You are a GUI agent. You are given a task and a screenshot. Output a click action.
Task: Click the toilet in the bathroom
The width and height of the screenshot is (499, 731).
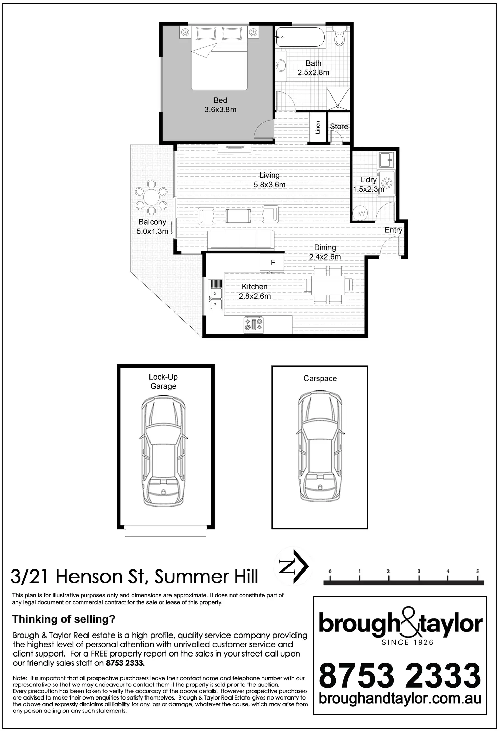tap(339, 36)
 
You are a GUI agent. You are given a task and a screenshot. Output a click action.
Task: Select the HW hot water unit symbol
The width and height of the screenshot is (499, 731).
tap(359, 213)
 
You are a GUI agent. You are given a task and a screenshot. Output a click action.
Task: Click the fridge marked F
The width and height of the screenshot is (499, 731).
tap(272, 262)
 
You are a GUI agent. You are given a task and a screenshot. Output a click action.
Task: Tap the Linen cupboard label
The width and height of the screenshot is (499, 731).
tap(318, 127)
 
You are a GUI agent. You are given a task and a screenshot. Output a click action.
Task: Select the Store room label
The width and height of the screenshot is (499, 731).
tap(339, 126)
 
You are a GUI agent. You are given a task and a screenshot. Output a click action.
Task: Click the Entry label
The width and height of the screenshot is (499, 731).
tap(393, 230)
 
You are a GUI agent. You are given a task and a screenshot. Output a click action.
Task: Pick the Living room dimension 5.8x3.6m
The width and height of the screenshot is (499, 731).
tap(270, 185)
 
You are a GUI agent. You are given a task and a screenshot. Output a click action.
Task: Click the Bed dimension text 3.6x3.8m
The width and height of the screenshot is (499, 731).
tap(220, 110)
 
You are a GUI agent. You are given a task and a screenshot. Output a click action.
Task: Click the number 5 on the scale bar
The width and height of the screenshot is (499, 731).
tap(477, 571)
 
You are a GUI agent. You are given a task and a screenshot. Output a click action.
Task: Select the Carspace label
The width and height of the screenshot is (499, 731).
tap(320, 378)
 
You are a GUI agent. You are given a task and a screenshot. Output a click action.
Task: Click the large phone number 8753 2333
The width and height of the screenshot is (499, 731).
tap(400, 675)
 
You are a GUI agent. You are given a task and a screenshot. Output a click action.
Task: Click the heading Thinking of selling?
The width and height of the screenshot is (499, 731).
tap(64, 619)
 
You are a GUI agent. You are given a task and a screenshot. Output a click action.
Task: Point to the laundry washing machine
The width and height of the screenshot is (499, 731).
tap(386, 183)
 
